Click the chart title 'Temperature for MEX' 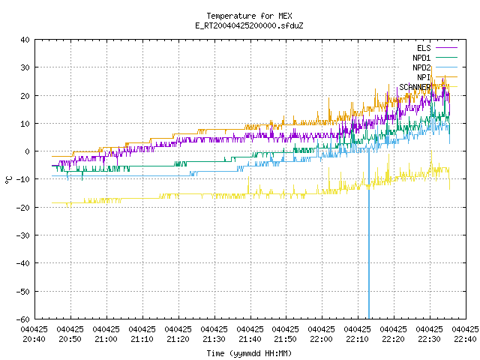tap(249, 16)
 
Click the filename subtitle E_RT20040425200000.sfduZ tap(249, 25)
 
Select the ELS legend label tap(424, 48)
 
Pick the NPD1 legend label tap(421, 58)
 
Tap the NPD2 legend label tap(421, 67)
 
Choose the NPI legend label tap(424, 77)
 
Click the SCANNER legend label tap(415, 87)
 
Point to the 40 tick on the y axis tap(25, 40)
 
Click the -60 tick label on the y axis tap(23, 319)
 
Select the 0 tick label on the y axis tap(28, 151)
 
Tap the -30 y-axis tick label tap(23, 235)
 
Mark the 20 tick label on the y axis tap(25, 96)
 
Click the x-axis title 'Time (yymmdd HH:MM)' tap(249, 353)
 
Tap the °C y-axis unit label tap(8, 180)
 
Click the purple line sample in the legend tap(446, 48)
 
